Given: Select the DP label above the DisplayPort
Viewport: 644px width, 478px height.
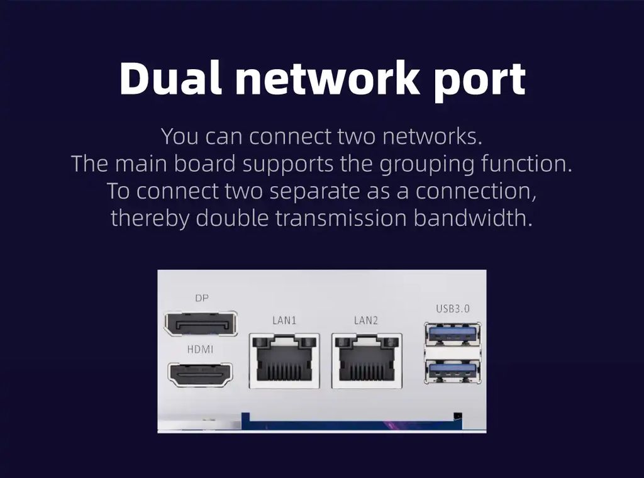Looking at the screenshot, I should pyautogui.click(x=201, y=298).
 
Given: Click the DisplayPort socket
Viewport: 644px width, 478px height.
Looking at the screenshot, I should pyautogui.click(x=201, y=324).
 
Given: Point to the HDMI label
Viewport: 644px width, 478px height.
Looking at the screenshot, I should pyautogui.click(x=200, y=349).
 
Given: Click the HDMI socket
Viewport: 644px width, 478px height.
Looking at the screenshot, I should pyautogui.click(x=200, y=375).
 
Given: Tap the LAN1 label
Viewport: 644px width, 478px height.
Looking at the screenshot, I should pyautogui.click(x=284, y=320).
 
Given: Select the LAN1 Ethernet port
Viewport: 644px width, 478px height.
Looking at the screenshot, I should pyautogui.click(x=284, y=360).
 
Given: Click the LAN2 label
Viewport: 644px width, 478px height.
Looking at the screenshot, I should pyautogui.click(x=366, y=320).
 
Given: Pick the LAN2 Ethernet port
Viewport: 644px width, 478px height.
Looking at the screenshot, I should pyautogui.click(x=366, y=360).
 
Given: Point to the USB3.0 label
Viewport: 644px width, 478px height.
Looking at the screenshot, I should pyautogui.click(x=453, y=309).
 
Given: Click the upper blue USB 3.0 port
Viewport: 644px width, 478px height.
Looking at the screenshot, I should pyautogui.click(x=453, y=333).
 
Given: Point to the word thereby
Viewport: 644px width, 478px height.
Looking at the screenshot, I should pyautogui.click(x=150, y=218).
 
